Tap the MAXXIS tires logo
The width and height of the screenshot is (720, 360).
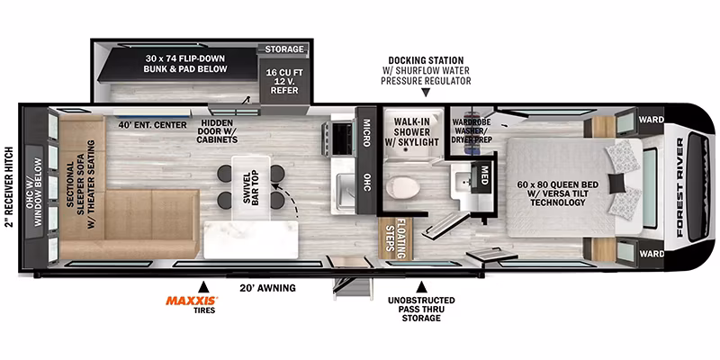192,301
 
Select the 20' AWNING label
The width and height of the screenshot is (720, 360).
267,288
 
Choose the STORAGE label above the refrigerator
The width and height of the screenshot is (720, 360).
284,49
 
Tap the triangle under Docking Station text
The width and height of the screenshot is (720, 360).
426,94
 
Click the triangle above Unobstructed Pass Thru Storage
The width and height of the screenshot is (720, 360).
421,287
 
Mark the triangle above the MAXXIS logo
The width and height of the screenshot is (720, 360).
203,287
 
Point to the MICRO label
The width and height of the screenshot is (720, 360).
366,132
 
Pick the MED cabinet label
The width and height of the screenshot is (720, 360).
483,174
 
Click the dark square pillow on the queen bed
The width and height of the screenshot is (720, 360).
617,184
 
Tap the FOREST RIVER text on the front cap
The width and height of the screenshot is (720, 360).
680,187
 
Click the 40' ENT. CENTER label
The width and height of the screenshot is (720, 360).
152,125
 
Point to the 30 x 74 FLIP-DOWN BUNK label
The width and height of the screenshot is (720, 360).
186,64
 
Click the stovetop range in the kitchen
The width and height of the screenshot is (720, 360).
341,137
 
